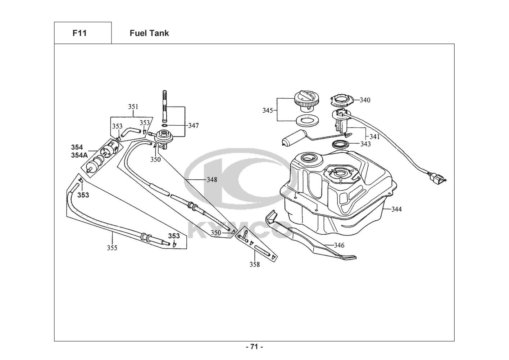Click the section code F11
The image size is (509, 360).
tap(79, 33)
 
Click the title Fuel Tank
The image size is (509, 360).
tap(149, 33)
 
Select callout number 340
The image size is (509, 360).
tap(365, 100)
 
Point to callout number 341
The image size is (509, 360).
tap(374, 136)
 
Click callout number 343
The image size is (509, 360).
tap(365, 144)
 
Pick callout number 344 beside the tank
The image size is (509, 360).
tap(396, 209)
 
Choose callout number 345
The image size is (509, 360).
tap(268, 111)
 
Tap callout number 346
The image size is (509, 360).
tap(339, 245)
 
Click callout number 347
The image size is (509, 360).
tap(194, 126)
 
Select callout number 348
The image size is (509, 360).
tap(212, 180)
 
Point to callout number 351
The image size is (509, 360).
tap(133, 107)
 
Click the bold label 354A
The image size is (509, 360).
tap(79, 155)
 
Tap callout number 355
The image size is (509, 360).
tap(112, 248)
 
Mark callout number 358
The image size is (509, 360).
tap(255, 265)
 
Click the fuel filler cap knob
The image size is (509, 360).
tap(307, 102)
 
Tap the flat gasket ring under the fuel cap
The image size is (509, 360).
tap(307, 121)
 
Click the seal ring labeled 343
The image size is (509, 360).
tap(341, 144)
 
